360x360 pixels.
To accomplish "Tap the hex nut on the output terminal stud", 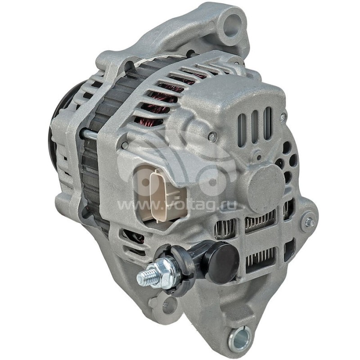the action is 164,274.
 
